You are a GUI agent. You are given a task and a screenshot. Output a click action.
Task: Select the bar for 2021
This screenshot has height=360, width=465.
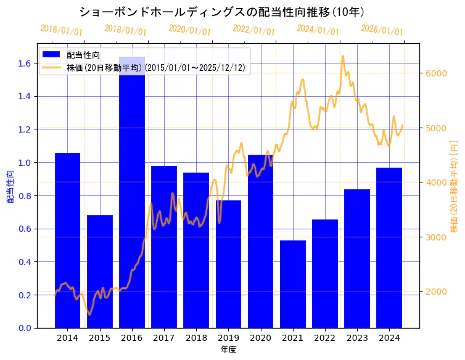click(x=293, y=284)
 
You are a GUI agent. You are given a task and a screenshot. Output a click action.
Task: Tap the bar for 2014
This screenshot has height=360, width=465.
click(x=67, y=240)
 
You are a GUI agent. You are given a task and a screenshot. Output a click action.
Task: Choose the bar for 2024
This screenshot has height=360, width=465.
click(x=389, y=247)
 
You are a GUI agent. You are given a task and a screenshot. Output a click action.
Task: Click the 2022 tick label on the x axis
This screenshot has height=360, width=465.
click(x=325, y=338)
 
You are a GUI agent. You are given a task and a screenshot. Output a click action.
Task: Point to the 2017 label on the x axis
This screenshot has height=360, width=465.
click(x=164, y=338)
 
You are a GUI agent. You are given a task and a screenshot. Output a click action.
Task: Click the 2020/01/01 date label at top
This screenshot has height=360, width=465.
click(x=189, y=30)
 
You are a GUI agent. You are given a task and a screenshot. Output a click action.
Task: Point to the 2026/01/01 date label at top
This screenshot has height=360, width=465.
click(x=382, y=30)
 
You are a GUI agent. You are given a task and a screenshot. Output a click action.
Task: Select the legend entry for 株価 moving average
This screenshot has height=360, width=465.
click(x=158, y=68)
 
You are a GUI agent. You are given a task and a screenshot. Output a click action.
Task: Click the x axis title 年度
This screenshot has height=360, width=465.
click(x=228, y=350)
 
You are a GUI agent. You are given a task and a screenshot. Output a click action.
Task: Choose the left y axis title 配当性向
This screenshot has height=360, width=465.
click(x=10, y=186)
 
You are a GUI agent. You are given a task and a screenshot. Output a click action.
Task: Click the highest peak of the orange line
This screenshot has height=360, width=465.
click(x=343, y=56)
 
